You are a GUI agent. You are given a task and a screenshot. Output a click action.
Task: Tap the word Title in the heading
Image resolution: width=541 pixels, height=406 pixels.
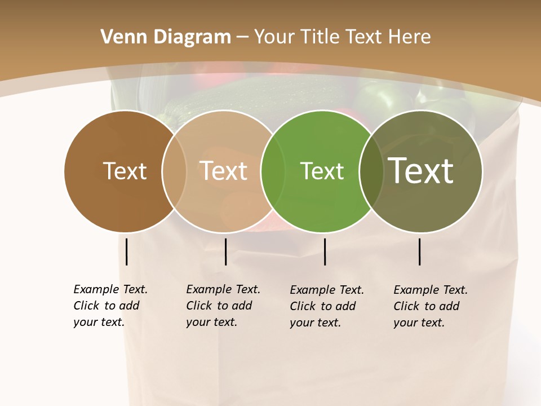pyautogui.click(x=318, y=37)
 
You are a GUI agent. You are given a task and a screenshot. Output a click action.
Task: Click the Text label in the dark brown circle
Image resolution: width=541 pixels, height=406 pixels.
pyautogui.click(x=125, y=171)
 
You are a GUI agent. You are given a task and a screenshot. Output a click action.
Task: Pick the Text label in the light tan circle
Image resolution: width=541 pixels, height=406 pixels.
pyautogui.click(x=223, y=171)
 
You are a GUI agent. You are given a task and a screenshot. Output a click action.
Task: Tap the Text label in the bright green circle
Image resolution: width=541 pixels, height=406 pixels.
pyautogui.click(x=322, y=171)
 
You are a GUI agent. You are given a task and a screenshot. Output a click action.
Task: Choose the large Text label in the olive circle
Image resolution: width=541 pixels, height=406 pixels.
pyautogui.click(x=421, y=171)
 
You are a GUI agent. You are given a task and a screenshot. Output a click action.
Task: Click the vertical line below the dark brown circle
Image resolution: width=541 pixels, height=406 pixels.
pyautogui.click(x=127, y=251)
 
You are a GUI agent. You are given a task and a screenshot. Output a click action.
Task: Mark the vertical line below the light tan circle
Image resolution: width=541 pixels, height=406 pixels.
pyautogui.click(x=225, y=251)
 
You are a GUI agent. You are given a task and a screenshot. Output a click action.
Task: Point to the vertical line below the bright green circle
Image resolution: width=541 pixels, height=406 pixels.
pyautogui.click(x=325, y=251)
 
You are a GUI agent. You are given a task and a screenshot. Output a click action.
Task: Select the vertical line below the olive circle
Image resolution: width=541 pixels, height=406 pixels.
pyautogui.click(x=420, y=251)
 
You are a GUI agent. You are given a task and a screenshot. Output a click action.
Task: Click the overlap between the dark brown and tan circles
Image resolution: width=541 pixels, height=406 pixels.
pyautogui.click(x=174, y=171)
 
